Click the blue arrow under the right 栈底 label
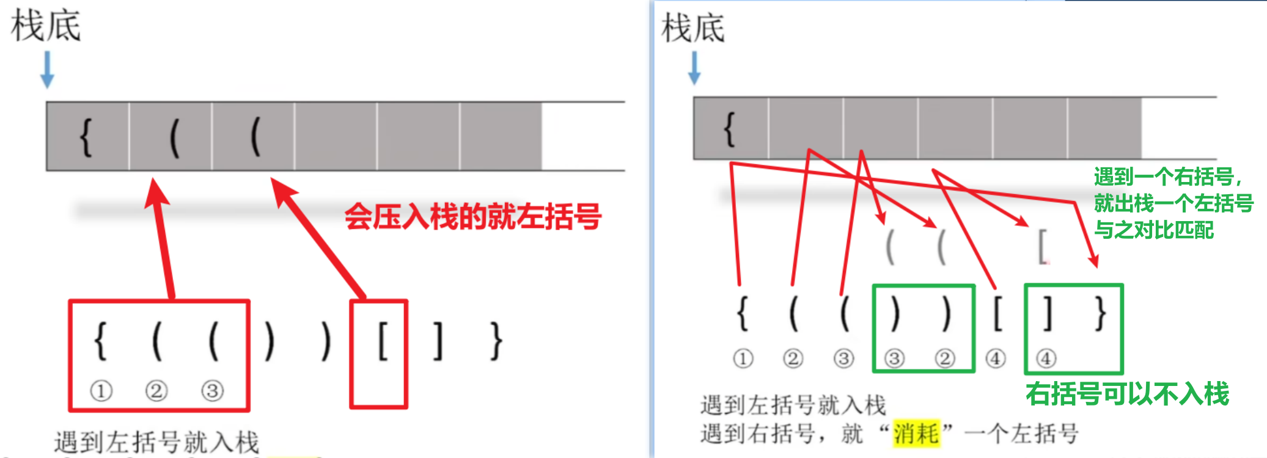[x=694, y=67]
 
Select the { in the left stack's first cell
[x=86, y=137]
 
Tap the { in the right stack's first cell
[x=729, y=129]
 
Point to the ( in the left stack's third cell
[x=255, y=137]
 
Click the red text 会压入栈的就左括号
[x=473, y=217]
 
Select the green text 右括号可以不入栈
[x=1127, y=394]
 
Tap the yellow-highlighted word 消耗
[x=916, y=434]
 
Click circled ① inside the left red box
[x=101, y=391]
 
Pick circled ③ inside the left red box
[x=213, y=391]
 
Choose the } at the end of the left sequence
[x=496, y=342]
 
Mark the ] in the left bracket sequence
[x=438, y=342]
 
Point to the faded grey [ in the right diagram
[x=1043, y=247]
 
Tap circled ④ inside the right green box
[x=1046, y=358]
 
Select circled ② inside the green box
[x=945, y=358]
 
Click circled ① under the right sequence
[x=743, y=358]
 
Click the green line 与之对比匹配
[x=1154, y=230]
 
